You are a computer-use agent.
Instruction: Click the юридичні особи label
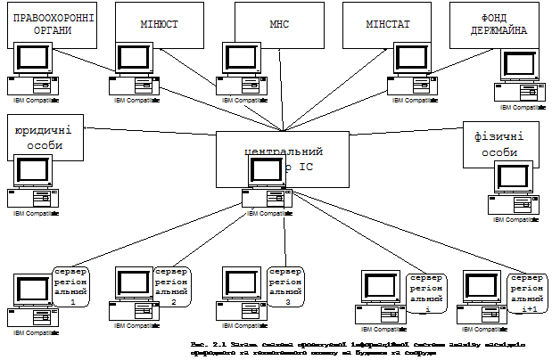44,136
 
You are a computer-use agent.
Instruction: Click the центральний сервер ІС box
282,159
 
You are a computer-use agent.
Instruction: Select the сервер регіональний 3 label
285,285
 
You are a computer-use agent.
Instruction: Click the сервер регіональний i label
426,293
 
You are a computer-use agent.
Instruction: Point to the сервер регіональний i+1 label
528,293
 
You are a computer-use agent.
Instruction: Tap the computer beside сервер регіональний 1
32,301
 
